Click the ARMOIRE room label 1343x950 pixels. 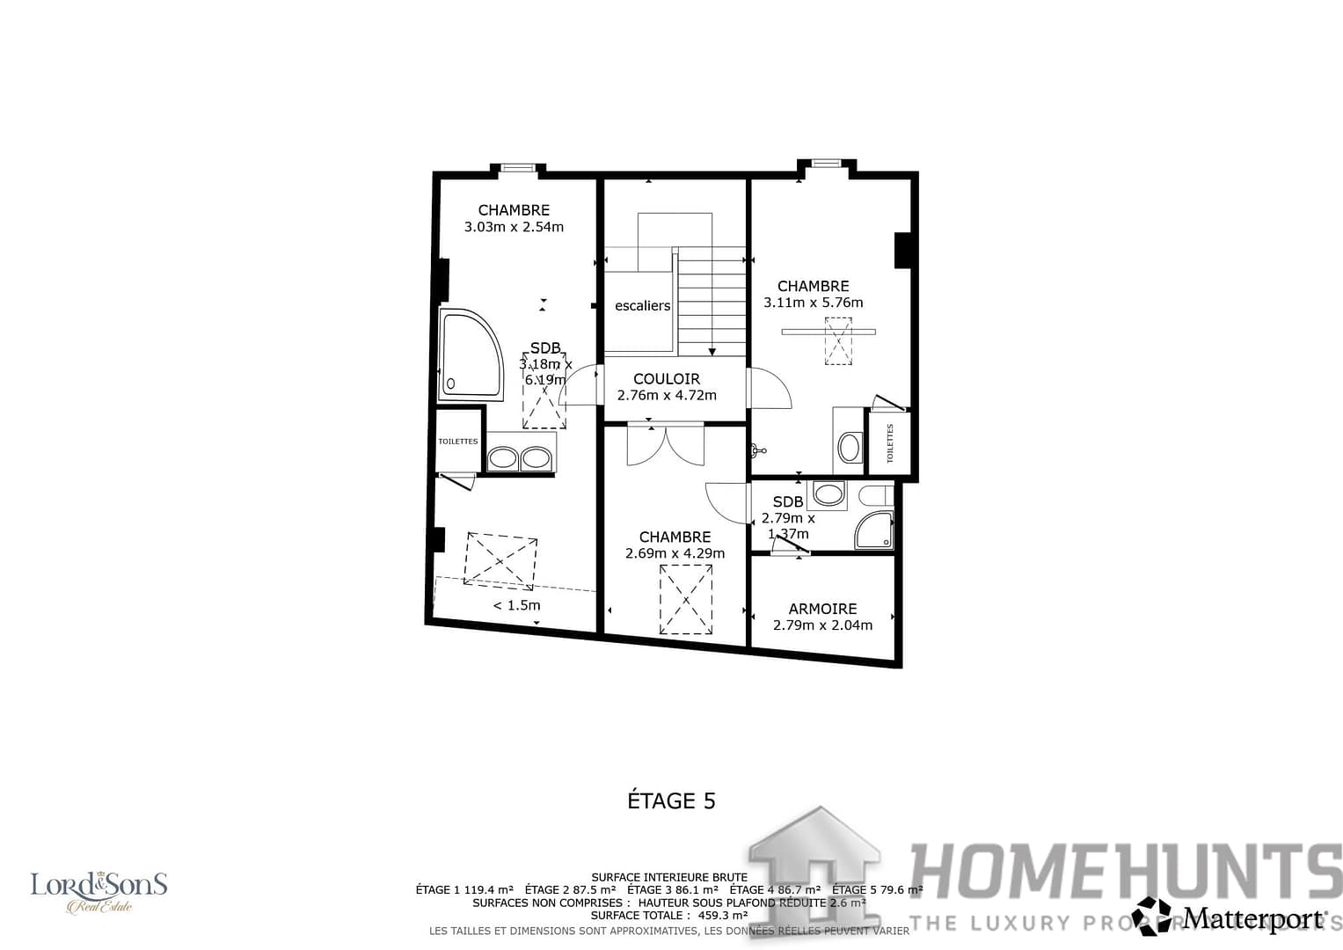pyautogui.click(x=822, y=609)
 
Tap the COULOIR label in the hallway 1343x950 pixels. pyautogui.click(x=667, y=379)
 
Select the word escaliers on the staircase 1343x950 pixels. pyautogui.click(x=642, y=306)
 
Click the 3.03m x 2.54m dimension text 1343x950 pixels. pyautogui.click(x=514, y=227)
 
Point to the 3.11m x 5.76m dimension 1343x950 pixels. pyautogui.click(x=813, y=303)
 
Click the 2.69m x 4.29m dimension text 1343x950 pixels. pyautogui.click(x=675, y=553)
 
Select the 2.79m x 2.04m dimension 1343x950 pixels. pyautogui.click(x=822, y=625)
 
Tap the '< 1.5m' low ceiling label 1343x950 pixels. pyautogui.click(x=516, y=605)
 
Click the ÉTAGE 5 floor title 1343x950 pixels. pyautogui.click(x=671, y=800)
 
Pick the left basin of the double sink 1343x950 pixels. pyautogui.click(x=503, y=458)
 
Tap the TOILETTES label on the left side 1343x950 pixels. pyautogui.click(x=458, y=442)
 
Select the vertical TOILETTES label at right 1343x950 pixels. pyautogui.click(x=889, y=443)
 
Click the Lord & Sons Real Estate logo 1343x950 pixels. pyautogui.click(x=99, y=891)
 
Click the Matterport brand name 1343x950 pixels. pyautogui.click(x=1252, y=918)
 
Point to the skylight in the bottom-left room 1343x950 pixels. pyautogui.click(x=500, y=560)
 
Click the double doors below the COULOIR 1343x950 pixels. pyautogui.click(x=665, y=445)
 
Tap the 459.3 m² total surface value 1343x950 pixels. pyautogui.click(x=722, y=916)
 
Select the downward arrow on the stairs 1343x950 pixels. pyautogui.click(x=712, y=350)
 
